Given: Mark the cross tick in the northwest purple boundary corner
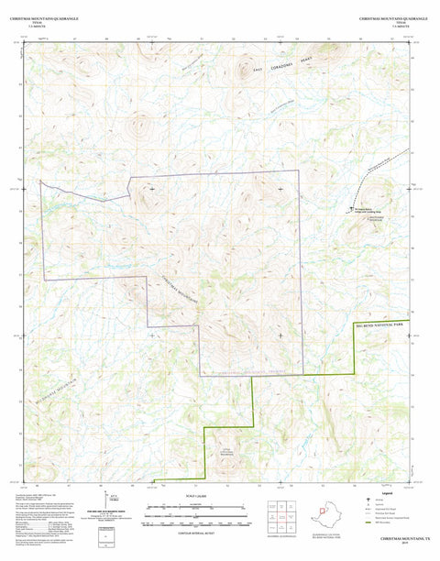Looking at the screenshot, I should tap(151, 189).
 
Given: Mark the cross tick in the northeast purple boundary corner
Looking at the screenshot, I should tap(280, 189).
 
